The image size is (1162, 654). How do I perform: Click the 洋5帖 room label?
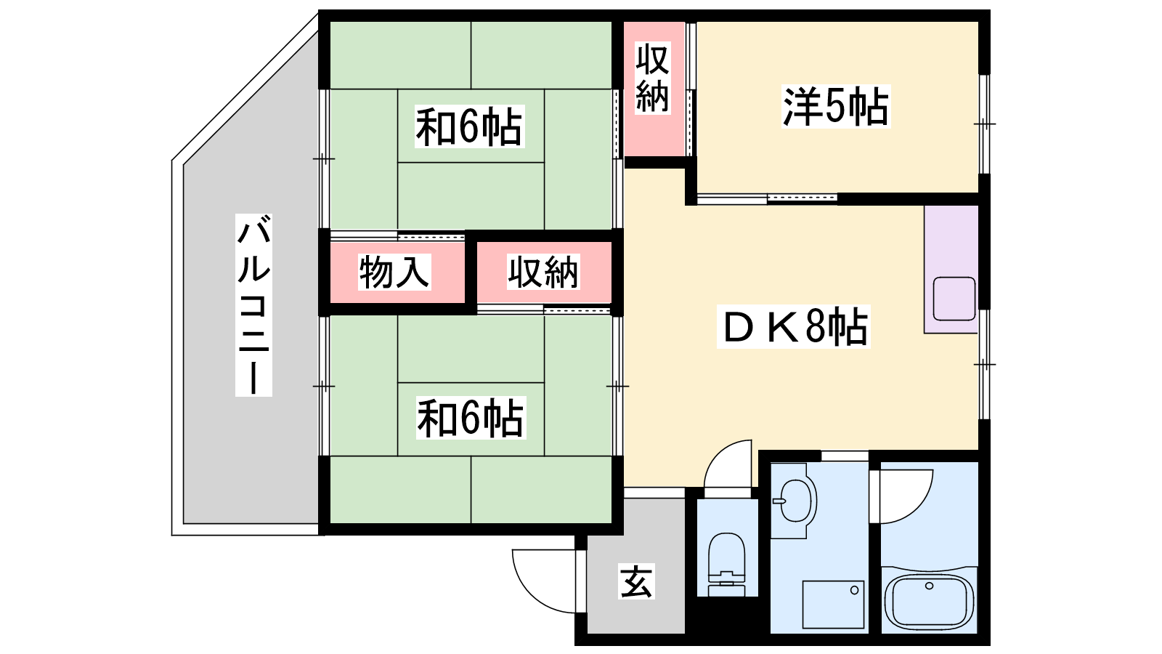[836, 106]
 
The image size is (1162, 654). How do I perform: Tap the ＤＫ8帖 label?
[794, 326]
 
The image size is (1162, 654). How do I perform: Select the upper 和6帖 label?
[469, 126]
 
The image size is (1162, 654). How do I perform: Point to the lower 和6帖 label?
[471, 418]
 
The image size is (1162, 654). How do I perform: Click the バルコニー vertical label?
[253, 305]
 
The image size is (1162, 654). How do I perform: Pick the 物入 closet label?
[394, 272]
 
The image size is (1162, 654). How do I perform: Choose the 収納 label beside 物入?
[543, 272]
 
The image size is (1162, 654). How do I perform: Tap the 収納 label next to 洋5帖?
[653, 78]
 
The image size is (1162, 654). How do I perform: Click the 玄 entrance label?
[636, 581]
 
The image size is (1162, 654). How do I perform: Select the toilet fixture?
[727, 564]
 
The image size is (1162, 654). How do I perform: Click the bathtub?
[929, 600]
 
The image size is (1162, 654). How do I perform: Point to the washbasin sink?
[795, 501]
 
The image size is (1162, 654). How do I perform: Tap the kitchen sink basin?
[954, 299]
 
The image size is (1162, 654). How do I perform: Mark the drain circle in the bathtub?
[929, 586]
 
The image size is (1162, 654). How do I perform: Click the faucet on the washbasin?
[778, 501]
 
